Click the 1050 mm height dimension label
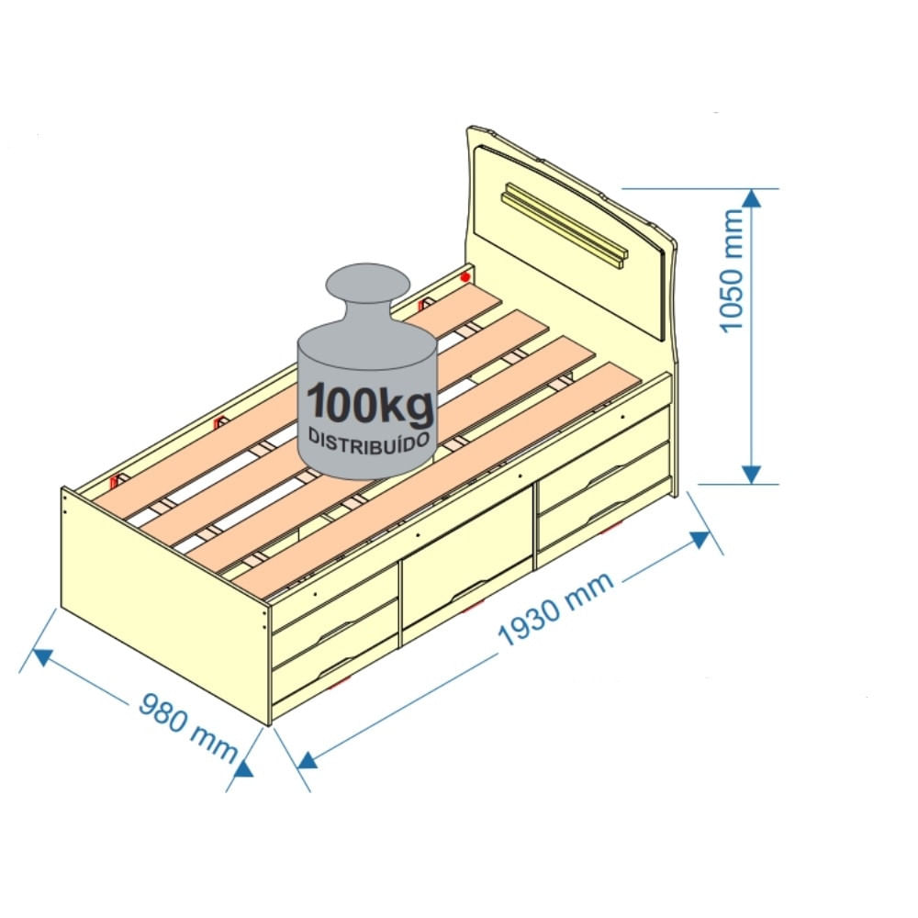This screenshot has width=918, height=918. pyautogui.click(x=732, y=271)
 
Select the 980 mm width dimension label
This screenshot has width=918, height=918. pyautogui.click(x=187, y=725)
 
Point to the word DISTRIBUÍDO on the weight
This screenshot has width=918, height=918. pyautogui.click(x=370, y=438)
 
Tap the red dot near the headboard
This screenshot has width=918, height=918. pyautogui.click(x=465, y=275)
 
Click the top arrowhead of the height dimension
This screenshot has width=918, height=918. pyautogui.click(x=752, y=198)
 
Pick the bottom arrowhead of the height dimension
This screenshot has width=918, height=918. pyautogui.click(x=752, y=474)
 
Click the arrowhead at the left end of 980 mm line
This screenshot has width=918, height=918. pyautogui.click(x=41, y=655)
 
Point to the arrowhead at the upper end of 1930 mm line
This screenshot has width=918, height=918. pyautogui.click(x=700, y=539)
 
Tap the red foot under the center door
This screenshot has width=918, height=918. pyautogui.click(x=470, y=607)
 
